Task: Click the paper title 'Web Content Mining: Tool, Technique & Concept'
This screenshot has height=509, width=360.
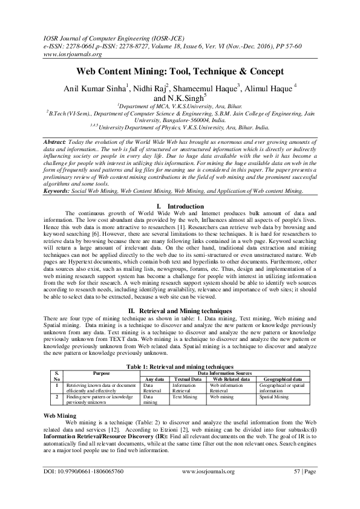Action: [x=180, y=71]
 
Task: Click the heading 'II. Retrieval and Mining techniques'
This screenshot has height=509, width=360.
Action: [x=180, y=309]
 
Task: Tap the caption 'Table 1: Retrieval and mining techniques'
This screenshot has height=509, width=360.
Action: [x=180, y=367]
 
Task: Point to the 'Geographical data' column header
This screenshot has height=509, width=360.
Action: [x=280, y=379]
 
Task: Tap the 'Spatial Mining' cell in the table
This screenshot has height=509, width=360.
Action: [x=274, y=397]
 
